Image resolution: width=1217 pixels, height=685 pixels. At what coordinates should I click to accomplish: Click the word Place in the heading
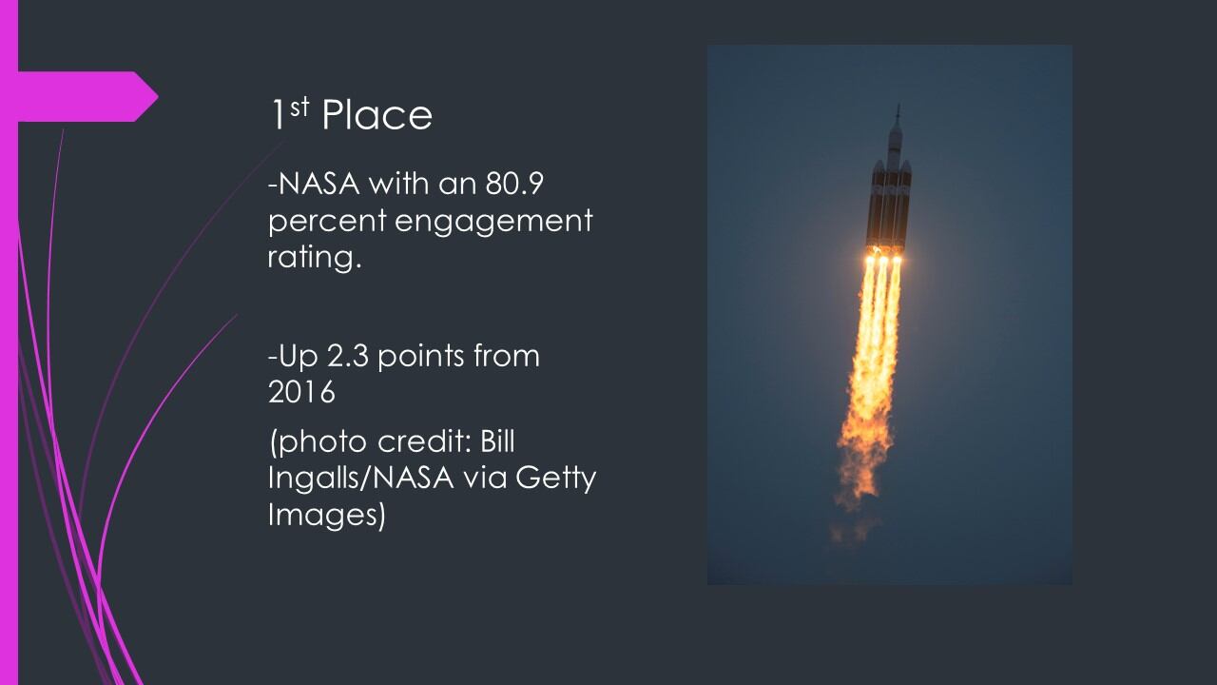click(x=377, y=115)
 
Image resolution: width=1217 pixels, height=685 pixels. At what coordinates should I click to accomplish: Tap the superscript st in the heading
click(x=299, y=108)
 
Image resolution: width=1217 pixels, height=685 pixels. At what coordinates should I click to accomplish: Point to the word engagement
click(x=493, y=223)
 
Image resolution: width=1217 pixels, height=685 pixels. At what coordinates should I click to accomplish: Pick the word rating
click(x=314, y=257)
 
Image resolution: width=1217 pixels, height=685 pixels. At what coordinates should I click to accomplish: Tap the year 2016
click(x=301, y=392)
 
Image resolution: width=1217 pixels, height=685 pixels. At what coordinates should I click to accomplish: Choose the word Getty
click(x=556, y=479)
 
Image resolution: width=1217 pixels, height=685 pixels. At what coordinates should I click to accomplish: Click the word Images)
click(x=326, y=515)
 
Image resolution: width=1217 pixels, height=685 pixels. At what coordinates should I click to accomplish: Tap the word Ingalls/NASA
click(x=360, y=479)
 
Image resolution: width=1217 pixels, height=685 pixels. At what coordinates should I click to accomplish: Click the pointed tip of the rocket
click(x=898, y=105)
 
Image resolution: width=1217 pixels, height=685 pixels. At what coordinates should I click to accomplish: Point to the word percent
click(x=327, y=223)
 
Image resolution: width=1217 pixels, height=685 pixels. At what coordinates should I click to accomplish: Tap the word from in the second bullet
click(x=507, y=356)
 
